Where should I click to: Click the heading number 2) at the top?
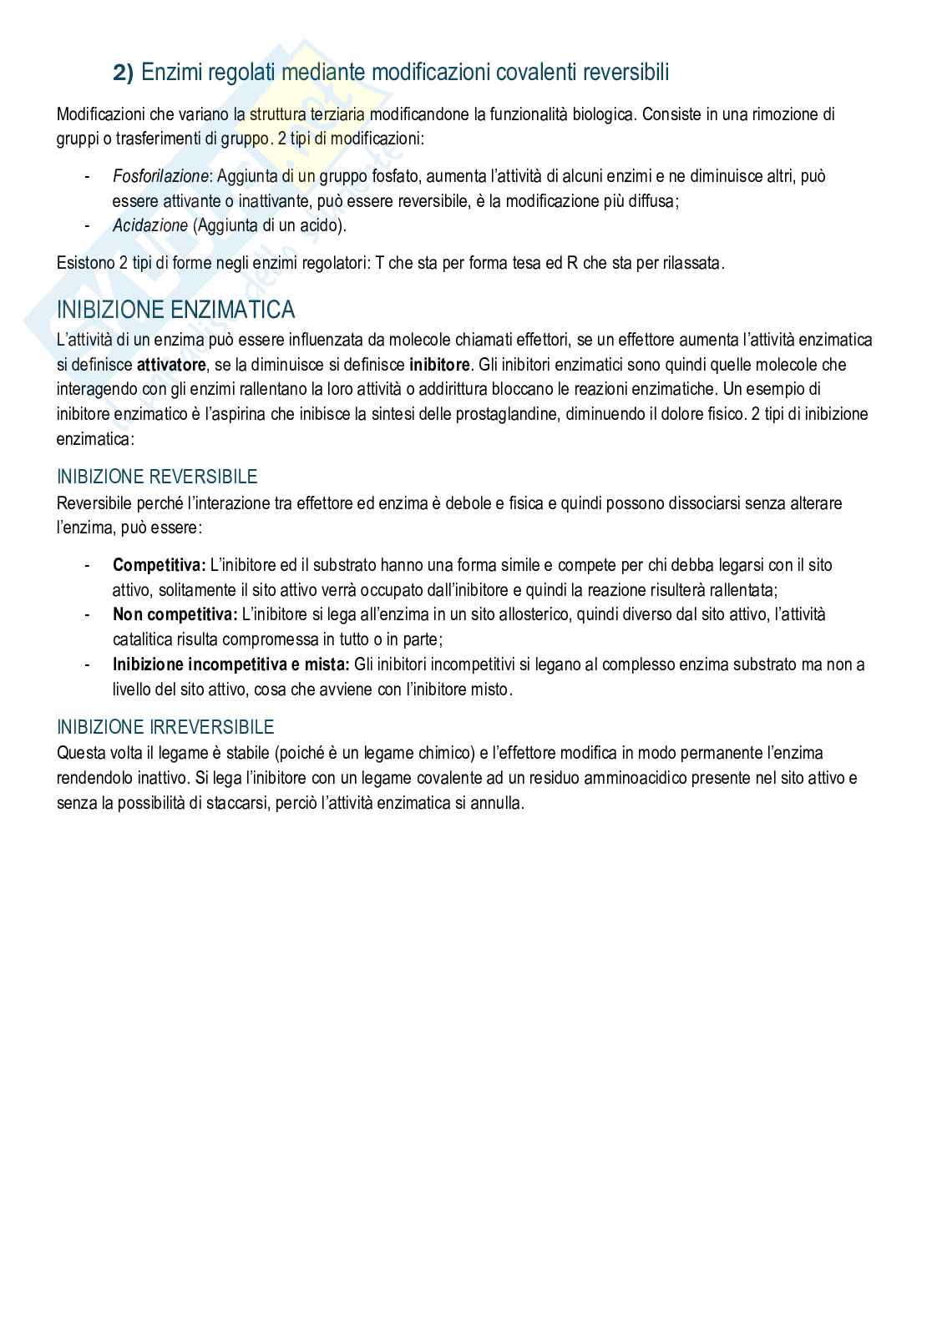pyautogui.click(x=123, y=73)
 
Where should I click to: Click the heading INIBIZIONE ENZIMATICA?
pyautogui.click(x=175, y=310)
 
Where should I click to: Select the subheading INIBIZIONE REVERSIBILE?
pyautogui.click(x=157, y=477)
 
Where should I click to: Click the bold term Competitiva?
pyautogui.click(x=159, y=565)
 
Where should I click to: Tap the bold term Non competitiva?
pyautogui.click(x=175, y=614)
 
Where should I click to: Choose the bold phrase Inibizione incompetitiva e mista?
pyautogui.click(x=230, y=664)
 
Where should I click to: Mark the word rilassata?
pyautogui.click(x=690, y=264)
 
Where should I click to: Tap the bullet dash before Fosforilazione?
pyautogui.click(x=88, y=176)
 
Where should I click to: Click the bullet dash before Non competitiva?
pyautogui.click(x=88, y=614)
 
